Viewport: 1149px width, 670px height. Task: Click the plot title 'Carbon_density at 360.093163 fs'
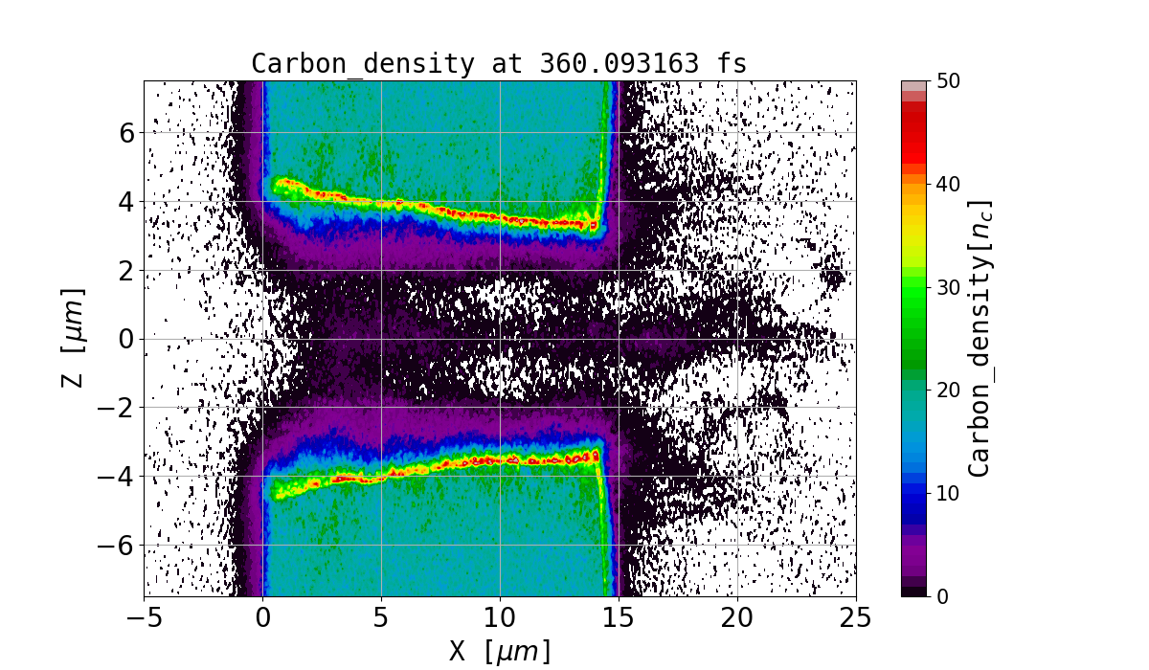click(x=499, y=63)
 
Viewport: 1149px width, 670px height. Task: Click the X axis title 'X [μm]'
click(x=500, y=651)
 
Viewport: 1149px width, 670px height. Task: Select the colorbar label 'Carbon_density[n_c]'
click(x=979, y=338)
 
